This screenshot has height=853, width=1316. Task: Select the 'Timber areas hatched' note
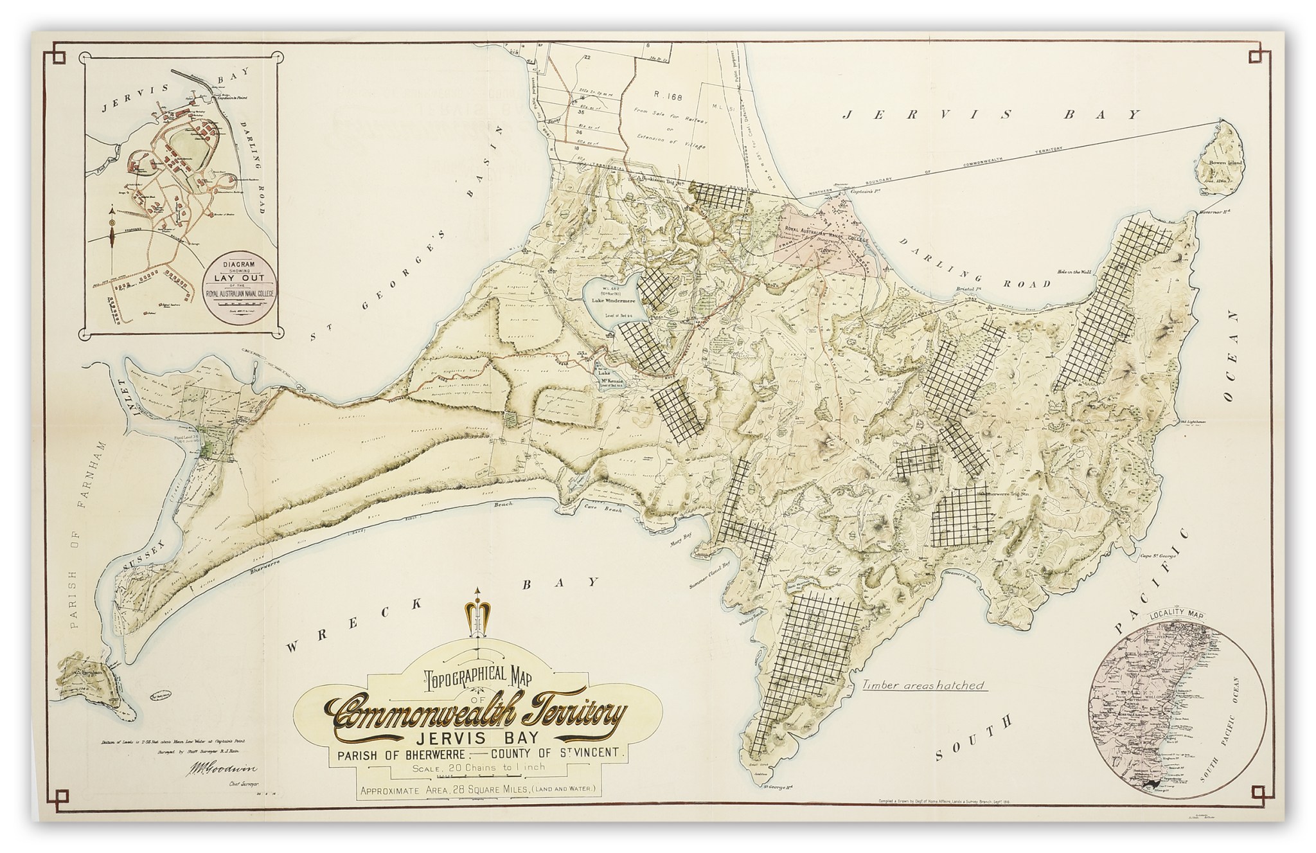(x=924, y=685)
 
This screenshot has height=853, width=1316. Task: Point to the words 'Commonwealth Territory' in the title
(x=478, y=714)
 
